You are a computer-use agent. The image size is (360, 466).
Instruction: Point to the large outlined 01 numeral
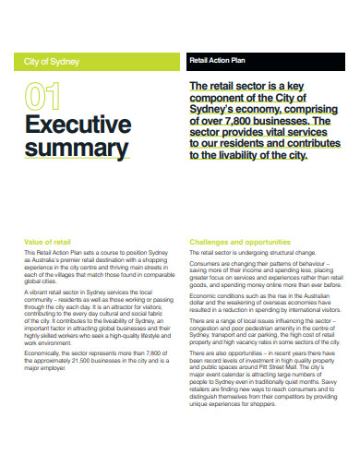[45, 96]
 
